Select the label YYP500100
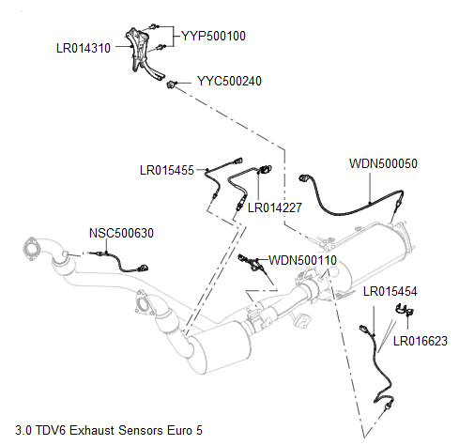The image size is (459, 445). pos(213,36)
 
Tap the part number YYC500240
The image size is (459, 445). pos(229,81)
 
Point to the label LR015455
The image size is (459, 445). pos(166,170)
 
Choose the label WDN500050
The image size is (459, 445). pos(383,162)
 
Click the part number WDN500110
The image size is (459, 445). pos(302,259)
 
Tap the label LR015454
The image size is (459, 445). pos(390,292)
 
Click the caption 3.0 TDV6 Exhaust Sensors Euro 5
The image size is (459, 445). pos(109,431)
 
